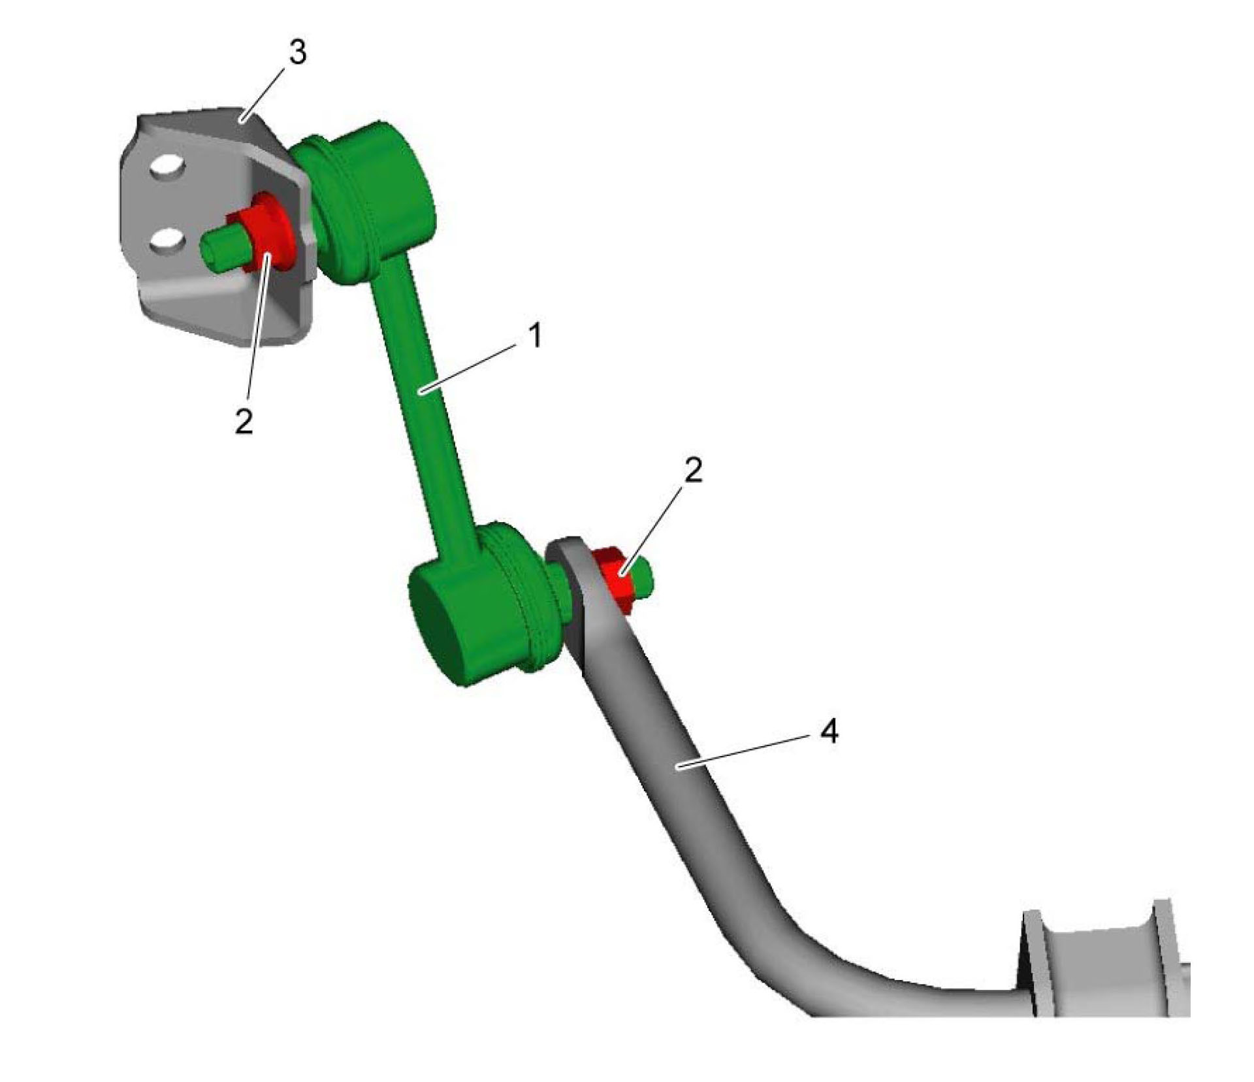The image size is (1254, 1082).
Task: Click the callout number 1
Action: coord(535,336)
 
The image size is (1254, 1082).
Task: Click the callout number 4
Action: coord(829,732)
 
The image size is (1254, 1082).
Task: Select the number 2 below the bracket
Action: coord(244,422)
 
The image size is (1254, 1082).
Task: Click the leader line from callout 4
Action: coord(745,751)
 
